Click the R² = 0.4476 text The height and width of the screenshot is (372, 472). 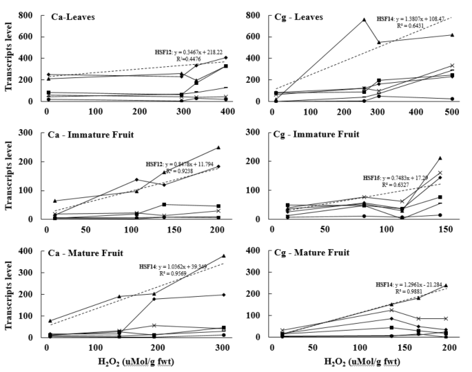pos(192,59)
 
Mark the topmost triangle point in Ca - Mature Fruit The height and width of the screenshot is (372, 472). pos(223,256)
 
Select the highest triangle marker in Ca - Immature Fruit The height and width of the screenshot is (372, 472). pos(218,147)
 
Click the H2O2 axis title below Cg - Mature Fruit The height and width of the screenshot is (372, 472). pos(360,362)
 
